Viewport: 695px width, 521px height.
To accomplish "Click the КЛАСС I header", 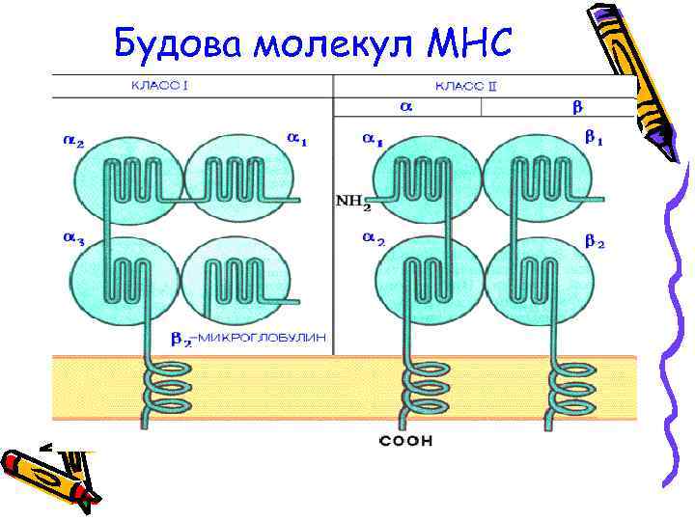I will point(159,86).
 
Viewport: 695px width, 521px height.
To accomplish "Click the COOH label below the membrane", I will point(406,441).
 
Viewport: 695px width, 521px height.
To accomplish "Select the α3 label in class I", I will point(74,237).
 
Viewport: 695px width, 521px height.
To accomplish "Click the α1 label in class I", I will point(297,140).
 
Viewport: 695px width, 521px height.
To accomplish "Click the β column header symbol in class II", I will point(579,107).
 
